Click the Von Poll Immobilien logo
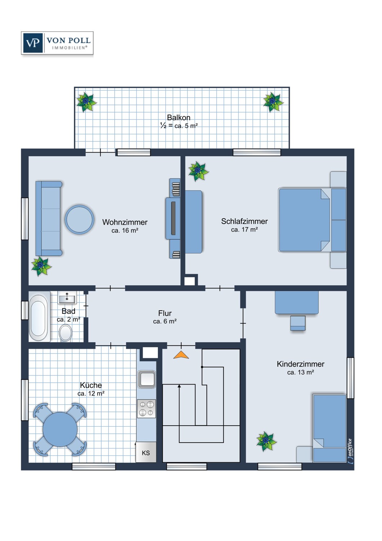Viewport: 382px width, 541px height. (x=57, y=43)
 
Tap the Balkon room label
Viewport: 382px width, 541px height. (x=178, y=118)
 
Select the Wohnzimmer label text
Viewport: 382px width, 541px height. (x=125, y=222)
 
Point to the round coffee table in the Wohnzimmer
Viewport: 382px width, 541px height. (x=79, y=219)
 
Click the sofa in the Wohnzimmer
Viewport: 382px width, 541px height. (x=49, y=219)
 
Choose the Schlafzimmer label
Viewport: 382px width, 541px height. (x=244, y=221)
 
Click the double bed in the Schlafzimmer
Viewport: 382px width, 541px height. (x=305, y=220)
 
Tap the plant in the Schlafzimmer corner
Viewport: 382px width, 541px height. (x=198, y=171)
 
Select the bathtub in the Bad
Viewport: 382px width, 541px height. (x=39, y=316)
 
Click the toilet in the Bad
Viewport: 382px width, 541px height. (x=66, y=332)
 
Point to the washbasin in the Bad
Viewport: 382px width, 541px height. (x=67, y=298)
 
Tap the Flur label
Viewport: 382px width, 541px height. (x=165, y=313)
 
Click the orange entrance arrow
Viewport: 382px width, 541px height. (x=181, y=355)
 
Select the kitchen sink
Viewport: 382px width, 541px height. (x=147, y=379)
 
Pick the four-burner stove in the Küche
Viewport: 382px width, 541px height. (x=147, y=409)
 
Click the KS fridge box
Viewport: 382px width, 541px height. (x=146, y=453)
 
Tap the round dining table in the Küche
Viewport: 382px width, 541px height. (x=60, y=429)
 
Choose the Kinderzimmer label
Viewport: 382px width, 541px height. (x=300, y=364)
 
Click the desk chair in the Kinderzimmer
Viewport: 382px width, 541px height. (x=298, y=323)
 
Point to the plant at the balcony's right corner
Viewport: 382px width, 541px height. (x=273, y=102)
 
